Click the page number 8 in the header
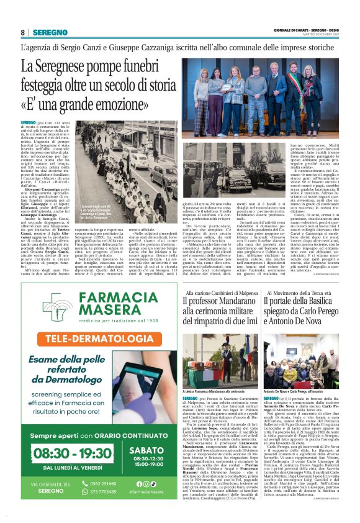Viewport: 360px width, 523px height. point(23,32)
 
